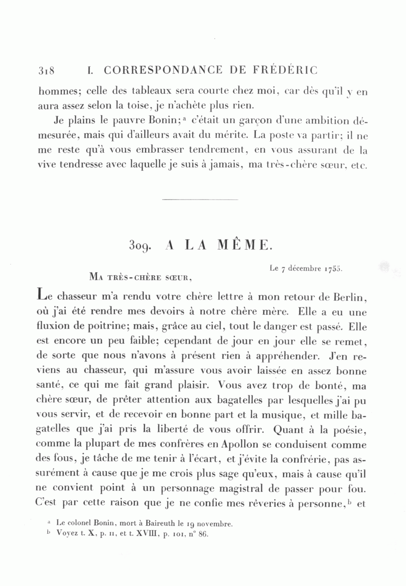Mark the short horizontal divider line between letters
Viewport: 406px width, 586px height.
200,199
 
